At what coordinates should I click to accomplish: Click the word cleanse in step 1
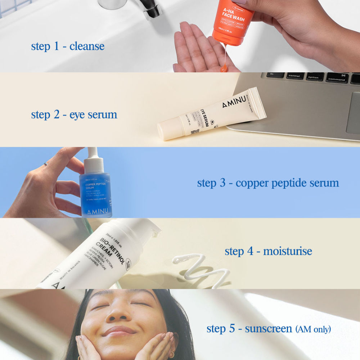[x=87, y=46]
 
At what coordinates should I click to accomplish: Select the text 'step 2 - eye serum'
[x=74, y=114]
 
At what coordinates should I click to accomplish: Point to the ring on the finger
[x=46, y=164]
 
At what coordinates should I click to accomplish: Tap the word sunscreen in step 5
[x=269, y=328]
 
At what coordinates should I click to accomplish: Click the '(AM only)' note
[x=312, y=329]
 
